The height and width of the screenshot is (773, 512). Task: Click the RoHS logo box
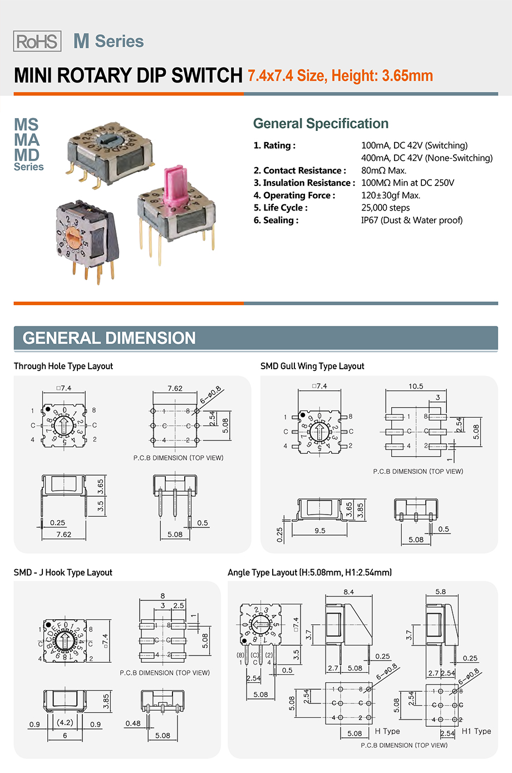coord(37,41)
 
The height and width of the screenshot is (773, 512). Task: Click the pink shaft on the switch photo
coord(174,183)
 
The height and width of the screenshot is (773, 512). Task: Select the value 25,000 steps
coord(385,208)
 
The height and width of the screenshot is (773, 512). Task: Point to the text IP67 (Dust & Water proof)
coord(412,220)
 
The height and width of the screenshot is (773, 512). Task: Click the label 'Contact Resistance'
coord(304,170)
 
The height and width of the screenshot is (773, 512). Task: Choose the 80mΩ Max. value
coord(383,170)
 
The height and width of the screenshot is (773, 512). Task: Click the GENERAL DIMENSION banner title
coord(109,338)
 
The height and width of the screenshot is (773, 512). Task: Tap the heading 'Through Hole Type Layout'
coord(63,366)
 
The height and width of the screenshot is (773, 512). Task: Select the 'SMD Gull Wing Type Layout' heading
coord(312,366)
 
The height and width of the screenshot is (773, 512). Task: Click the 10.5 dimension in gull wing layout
coord(416,386)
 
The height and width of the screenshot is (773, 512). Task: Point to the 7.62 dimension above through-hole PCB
coord(175,388)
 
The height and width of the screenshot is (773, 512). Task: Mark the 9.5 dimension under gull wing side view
coord(320,531)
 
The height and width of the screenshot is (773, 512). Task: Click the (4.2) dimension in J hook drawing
coord(65,722)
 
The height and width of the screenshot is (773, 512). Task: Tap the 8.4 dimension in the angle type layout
coord(349,592)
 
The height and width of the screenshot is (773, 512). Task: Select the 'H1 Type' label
coord(476,731)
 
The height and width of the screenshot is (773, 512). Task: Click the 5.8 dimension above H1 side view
coord(440,591)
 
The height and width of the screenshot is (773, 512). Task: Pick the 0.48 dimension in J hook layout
coord(133,723)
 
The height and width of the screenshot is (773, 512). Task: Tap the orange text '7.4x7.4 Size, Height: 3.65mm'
coord(340,76)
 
